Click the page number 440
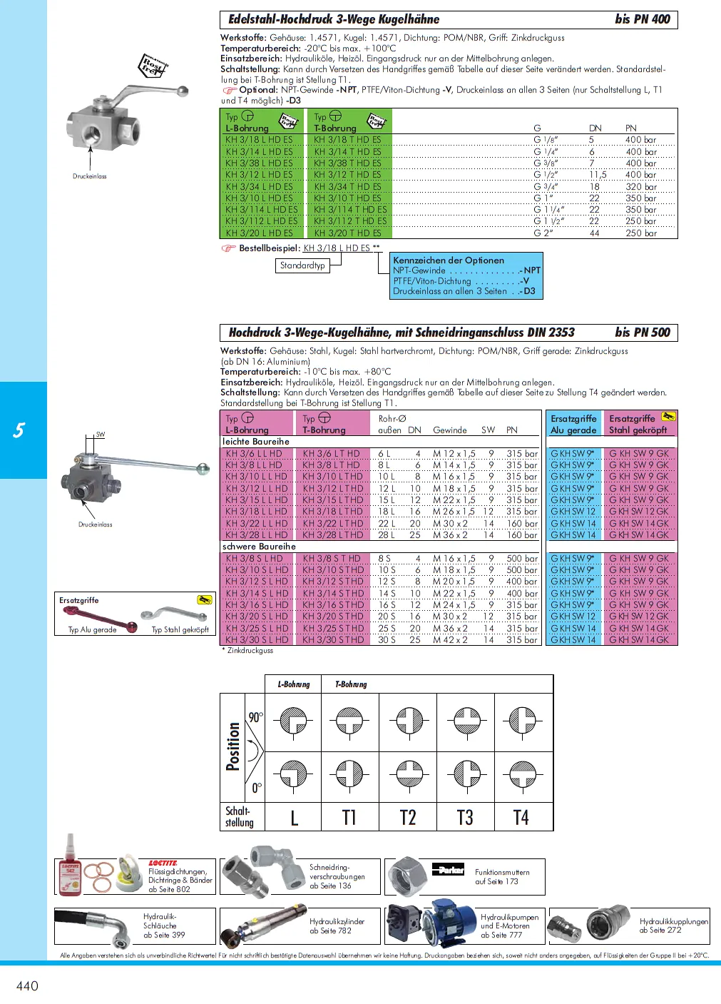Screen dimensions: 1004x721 (27, 985)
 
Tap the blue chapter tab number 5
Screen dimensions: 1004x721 (19, 430)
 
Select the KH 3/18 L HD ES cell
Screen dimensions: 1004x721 (259, 140)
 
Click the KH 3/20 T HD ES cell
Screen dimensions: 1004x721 (347, 233)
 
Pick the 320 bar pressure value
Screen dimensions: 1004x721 (640, 187)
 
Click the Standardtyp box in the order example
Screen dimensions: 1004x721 (302, 265)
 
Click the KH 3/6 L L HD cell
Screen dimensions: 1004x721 (254, 454)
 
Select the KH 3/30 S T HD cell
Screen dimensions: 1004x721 (333, 640)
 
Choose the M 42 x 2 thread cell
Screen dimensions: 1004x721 (450, 640)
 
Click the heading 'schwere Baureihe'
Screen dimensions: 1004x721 (259, 547)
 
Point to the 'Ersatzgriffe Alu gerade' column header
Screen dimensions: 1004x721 (573, 424)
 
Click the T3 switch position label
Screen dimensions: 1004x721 (465, 818)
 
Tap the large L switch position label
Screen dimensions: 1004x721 (294, 818)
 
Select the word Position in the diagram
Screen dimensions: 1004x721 (233, 746)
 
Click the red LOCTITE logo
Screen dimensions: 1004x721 (163, 863)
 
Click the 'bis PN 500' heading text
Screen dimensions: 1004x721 (642, 333)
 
